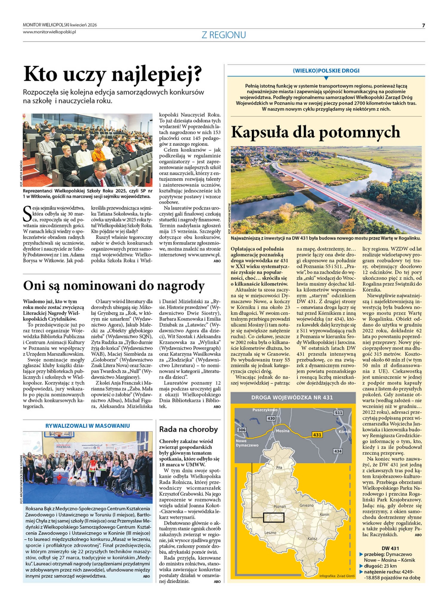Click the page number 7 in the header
(423, 26)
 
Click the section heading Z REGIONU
(224, 35)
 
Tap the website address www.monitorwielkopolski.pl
(50, 32)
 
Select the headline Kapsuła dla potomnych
(315, 132)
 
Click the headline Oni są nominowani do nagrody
(114, 286)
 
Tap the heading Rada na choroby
(188, 429)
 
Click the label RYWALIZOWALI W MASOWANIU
(87, 426)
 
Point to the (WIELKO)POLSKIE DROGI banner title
(326, 71)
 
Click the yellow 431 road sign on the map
(317, 435)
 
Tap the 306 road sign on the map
(242, 430)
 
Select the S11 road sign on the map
(338, 413)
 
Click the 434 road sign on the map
(338, 451)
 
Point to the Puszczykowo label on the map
(265, 410)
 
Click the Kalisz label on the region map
(312, 539)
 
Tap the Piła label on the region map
(279, 467)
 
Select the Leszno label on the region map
(270, 533)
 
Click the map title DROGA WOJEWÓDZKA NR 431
(292, 398)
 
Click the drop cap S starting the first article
(27, 213)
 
